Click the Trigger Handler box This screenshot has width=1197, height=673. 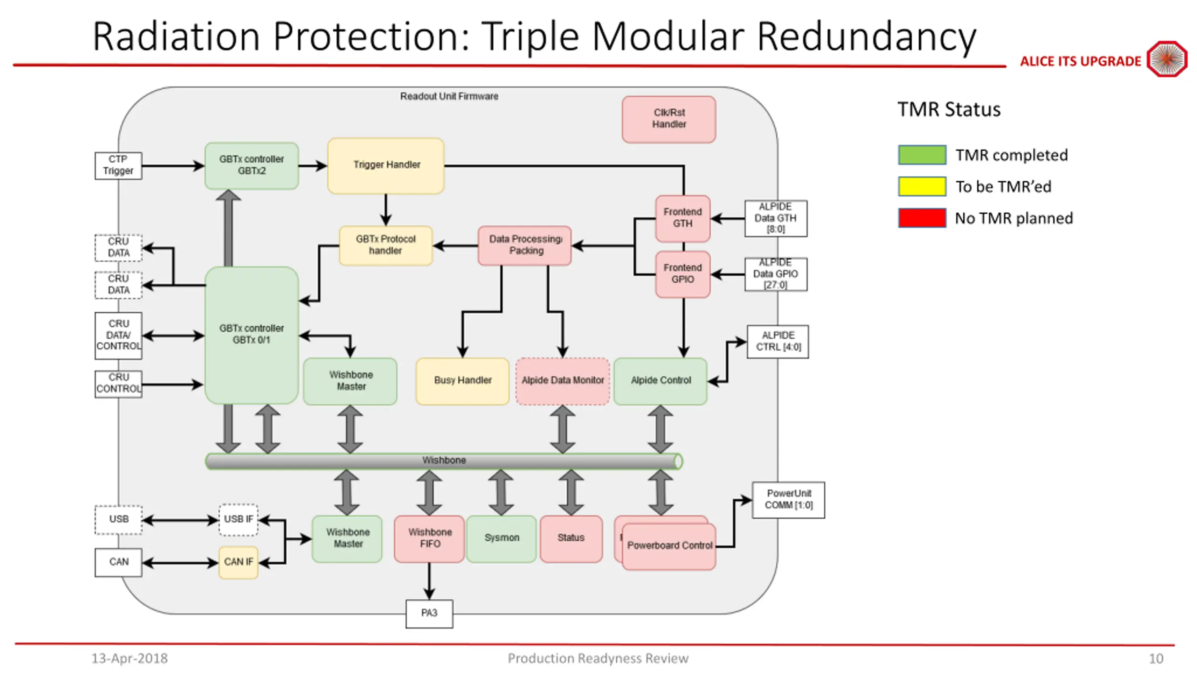[386, 165]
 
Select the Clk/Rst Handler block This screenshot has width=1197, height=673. [669, 119]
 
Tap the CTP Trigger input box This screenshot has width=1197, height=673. [118, 165]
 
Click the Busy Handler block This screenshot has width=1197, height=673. [462, 381]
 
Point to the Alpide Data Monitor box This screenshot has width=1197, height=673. [562, 381]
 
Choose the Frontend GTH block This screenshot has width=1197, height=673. [683, 218]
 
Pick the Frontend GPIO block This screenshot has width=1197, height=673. [683, 274]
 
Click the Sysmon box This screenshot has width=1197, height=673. [501, 538]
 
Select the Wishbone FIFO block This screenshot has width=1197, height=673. [429, 538]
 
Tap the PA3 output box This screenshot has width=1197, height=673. [429, 614]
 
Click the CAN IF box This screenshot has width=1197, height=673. [238, 562]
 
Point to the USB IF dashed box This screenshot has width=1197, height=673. [238, 520]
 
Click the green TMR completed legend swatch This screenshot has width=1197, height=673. [922, 155]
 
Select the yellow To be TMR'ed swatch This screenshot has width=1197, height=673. [922, 186]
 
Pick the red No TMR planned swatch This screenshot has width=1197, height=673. [922, 218]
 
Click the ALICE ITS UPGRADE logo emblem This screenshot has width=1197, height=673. [1167, 59]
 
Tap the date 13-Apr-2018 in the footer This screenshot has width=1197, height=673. [130, 659]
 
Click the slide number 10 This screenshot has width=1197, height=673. [1156, 659]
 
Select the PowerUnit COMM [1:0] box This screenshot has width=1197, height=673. [788, 500]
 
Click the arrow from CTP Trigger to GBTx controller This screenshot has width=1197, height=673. [173, 165]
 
